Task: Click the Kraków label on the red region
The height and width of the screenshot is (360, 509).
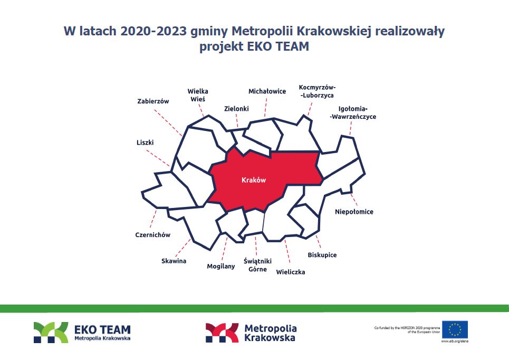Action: [254, 180]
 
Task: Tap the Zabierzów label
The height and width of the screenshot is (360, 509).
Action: [153, 101]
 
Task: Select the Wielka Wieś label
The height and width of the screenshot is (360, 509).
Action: [198, 95]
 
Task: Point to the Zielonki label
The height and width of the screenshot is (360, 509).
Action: [236, 109]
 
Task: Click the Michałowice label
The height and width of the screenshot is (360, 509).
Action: [267, 91]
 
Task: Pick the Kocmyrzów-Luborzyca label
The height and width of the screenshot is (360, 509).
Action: [317, 91]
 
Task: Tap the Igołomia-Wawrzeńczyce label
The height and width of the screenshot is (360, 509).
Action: [353, 113]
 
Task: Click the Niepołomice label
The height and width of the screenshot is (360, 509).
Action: [354, 212]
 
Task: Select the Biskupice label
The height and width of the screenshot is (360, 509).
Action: [322, 255]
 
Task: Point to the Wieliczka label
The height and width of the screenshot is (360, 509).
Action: [291, 272]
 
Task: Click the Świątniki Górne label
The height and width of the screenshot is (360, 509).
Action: [258, 265]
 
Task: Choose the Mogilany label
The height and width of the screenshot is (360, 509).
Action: [220, 267]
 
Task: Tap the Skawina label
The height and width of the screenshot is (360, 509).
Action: [174, 261]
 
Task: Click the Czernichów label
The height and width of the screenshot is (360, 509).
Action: [152, 234]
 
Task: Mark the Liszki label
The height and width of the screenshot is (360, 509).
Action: [145, 143]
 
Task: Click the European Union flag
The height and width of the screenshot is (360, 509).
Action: [455, 329]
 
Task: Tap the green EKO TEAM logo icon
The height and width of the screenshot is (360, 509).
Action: [51, 333]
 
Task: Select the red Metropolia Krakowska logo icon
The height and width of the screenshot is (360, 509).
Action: [222, 333]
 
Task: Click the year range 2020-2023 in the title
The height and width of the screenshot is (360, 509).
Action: [153, 31]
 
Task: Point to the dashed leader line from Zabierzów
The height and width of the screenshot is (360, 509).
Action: [168, 122]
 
